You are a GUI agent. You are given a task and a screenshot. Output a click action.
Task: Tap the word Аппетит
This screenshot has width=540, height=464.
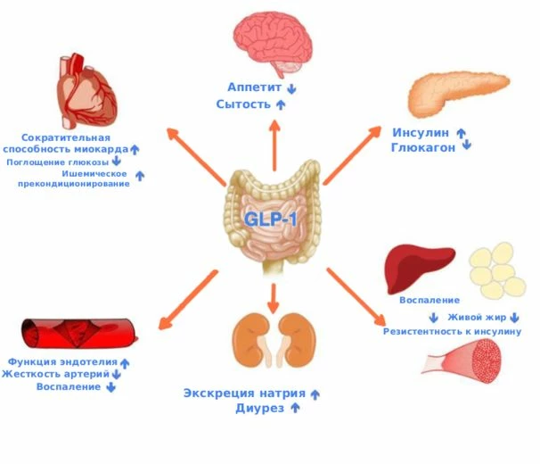tap(254, 88)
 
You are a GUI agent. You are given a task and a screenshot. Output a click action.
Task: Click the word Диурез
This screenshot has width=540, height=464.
tap(259, 408)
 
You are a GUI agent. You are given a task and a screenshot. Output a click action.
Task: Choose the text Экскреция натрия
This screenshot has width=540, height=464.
tap(244, 394)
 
